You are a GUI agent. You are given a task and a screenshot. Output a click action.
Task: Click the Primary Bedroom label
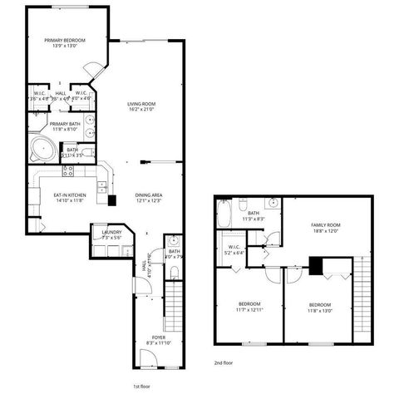64,39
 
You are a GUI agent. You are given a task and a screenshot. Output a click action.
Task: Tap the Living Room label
142,103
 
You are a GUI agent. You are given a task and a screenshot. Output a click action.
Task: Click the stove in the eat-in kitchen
68,171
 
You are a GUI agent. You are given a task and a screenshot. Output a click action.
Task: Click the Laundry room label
111,233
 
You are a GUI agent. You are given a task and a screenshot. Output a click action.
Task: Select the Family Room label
325,225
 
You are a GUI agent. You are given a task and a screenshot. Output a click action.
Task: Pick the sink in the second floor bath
271,202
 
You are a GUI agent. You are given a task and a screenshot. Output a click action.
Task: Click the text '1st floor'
141,387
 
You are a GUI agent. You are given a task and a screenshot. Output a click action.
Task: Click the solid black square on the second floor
315,266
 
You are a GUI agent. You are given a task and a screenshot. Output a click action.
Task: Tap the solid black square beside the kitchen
112,200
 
